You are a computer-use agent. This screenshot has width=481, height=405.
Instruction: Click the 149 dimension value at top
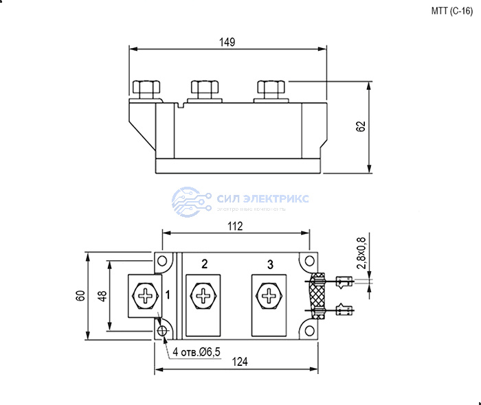tap(228, 42)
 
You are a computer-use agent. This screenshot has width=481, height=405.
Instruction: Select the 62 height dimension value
tap(361, 127)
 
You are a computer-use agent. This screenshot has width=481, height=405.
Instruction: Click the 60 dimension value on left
tap(80, 297)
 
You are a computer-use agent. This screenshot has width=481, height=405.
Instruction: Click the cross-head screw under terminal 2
tap(204, 297)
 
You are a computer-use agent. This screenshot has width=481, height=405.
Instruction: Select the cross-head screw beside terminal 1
tap(144, 297)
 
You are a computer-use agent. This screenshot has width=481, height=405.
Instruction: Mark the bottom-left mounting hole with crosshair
tap(164, 331)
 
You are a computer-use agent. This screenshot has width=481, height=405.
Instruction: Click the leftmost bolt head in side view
tap(145, 88)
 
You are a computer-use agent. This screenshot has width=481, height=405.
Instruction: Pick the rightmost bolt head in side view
tap(269, 88)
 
